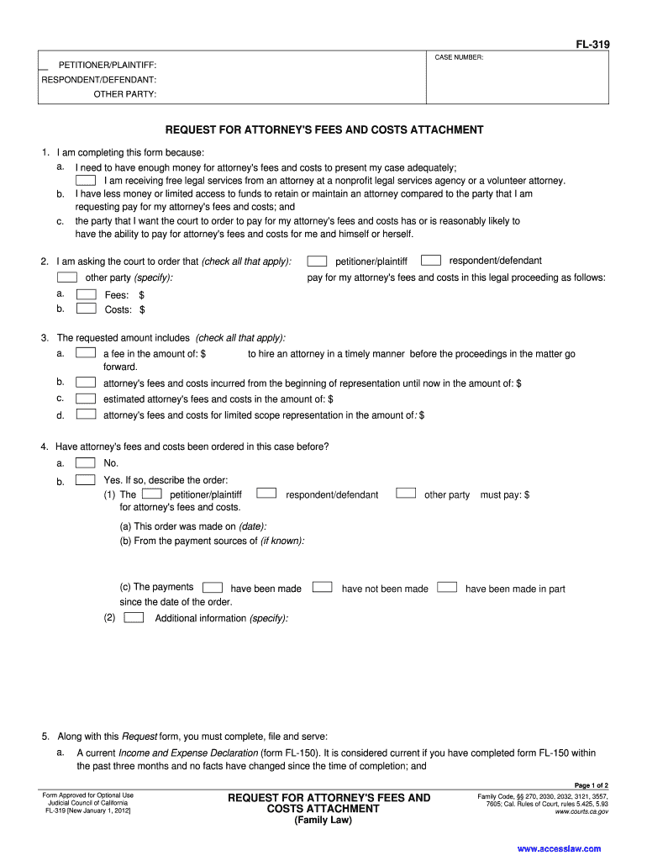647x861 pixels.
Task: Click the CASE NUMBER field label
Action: [x=459, y=57]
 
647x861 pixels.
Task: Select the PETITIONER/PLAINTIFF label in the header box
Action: [x=107, y=65]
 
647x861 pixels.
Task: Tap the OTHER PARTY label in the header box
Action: [x=124, y=93]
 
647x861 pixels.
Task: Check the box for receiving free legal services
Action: [x=86, y=180]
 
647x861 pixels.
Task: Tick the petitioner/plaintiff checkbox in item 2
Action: [x=317, y=261]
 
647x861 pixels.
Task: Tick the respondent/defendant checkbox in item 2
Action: [x=431, y=261]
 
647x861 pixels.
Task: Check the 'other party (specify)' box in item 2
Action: [x=67, y=277]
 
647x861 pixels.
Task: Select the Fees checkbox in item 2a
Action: [x=86, y=294]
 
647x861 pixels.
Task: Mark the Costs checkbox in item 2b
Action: [x=86, y=309]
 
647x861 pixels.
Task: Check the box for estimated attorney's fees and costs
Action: [x=86, y=399]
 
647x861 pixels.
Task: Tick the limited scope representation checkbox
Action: [x=86, y=415]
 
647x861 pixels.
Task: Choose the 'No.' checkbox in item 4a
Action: [x=86, y=462]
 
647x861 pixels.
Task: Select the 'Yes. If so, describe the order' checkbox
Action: [x=86, y=479]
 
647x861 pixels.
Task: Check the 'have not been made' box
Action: [x=323, y=588]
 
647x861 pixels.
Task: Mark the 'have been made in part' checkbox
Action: [x=447, y=588]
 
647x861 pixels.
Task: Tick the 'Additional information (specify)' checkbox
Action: [x=134, y=618]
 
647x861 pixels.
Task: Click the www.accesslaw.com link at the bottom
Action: [x=559, y=848]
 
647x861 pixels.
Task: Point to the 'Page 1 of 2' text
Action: [x=591, y=784]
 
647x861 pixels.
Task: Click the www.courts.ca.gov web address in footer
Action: [x=581, y=813]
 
